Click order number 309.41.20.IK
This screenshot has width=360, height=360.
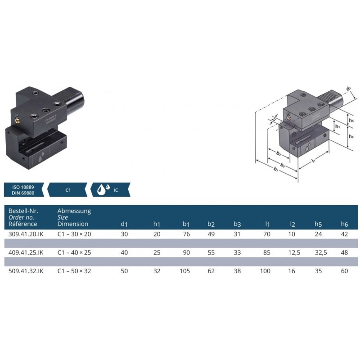(x=26, y=234)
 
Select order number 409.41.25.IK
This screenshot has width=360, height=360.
(x=26, y=252)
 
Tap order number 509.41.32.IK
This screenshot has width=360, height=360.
(x=26, y=271)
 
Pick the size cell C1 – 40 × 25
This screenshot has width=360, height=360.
(x=74, y=252)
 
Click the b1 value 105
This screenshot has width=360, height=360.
(x=185, y=271)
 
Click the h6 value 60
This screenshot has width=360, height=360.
(x=345, y=271)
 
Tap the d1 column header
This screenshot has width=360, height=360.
(x=125, y=224)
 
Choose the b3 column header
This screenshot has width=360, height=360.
(x=237, y=224)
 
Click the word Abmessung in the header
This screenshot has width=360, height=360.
(x=74, y=211)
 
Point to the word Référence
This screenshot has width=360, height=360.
(x=23, y=224)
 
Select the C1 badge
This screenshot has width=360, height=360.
(x=68, y=190)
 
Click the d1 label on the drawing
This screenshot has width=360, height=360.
(x=348, y=88)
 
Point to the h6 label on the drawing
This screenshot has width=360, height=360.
(x=351, y=136)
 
